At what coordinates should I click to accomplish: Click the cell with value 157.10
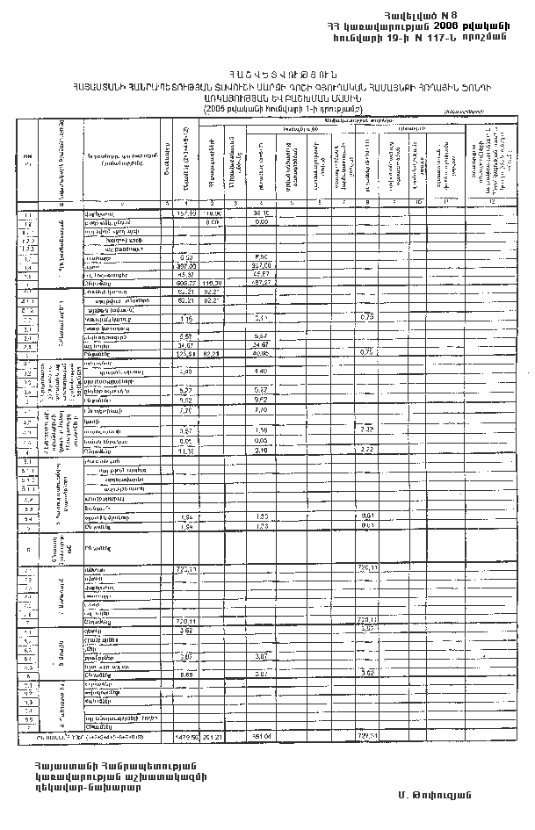click(x=184, y=213)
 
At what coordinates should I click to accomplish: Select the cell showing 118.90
click(x=213, y=213)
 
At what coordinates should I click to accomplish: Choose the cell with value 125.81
click(x=184, y=354)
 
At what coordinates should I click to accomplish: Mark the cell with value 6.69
click(x=184, y=674)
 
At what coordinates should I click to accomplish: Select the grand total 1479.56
click(x=184, y=736)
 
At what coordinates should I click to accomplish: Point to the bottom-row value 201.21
click(x=213, y=736)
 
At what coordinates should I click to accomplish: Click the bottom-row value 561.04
click(x=261, y=736)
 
